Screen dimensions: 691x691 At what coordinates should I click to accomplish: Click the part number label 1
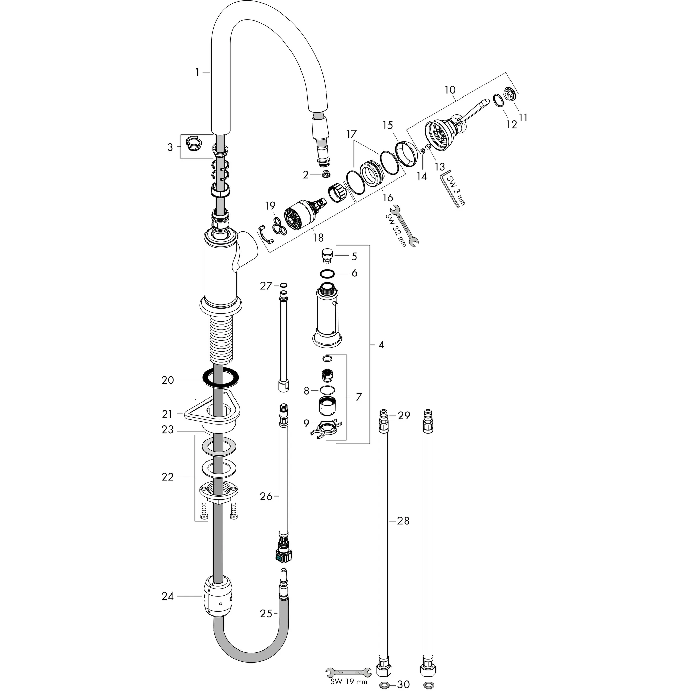(x=197, y=73)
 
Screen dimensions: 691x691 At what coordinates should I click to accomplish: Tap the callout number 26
(x=266, y=496)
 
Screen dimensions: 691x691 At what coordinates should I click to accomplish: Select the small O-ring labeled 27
(x=284, y=285)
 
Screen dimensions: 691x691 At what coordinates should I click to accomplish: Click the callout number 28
(x=403, y=521)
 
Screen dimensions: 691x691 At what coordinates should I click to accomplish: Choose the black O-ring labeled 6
(x=327, y=274)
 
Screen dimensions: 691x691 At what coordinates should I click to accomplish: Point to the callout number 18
(x=318, y=237)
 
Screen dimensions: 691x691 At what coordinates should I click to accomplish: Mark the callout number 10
(x=450, y=90)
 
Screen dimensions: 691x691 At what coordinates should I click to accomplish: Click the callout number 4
(x=381, y=344)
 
